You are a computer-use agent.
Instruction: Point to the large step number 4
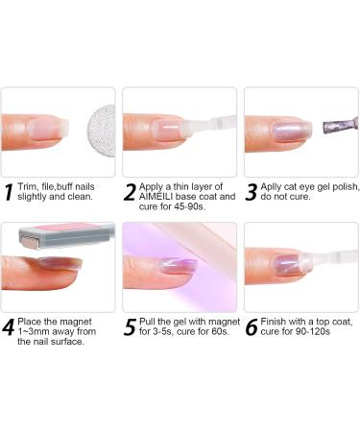point(11,327)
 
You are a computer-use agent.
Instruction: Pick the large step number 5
point(132,327)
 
